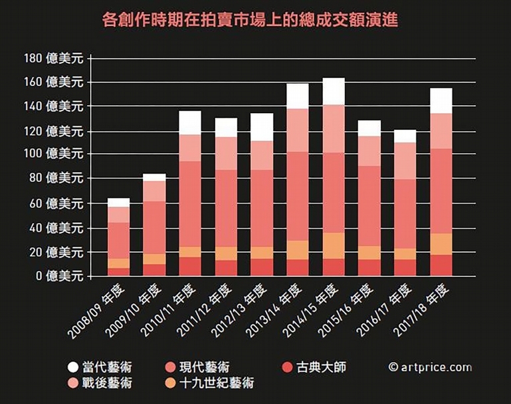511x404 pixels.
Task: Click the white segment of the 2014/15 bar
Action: (334, 91)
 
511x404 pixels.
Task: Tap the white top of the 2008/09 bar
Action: (119, 202)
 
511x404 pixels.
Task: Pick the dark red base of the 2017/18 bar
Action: (441, 265)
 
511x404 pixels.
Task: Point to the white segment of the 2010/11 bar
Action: (190, 122)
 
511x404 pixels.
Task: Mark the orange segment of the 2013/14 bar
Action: (298, 250)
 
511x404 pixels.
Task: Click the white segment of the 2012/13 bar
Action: (262, 127)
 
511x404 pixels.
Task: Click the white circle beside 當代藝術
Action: (73, 367)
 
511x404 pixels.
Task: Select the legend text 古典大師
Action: (322, 367)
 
